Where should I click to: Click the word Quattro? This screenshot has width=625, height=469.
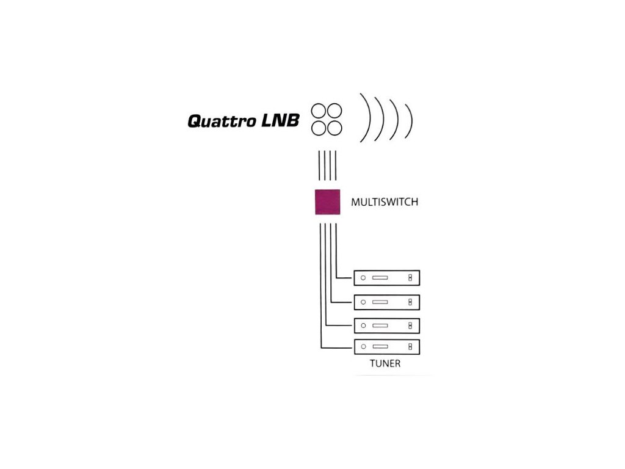point(222,121)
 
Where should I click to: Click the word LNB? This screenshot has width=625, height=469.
point(280,120)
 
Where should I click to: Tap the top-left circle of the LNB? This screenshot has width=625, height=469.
point(319,111)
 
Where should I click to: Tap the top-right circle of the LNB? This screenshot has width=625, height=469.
point(334,111)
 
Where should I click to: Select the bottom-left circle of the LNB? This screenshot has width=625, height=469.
point(319,128)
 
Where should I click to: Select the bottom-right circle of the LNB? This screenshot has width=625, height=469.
point(334,128)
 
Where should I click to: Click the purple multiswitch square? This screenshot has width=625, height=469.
point(328,202)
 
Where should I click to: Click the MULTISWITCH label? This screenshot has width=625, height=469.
point(385,202)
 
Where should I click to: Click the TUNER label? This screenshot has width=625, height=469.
point(385,363)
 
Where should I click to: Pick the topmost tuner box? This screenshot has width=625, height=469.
point(386,278)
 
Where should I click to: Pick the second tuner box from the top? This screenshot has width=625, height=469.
point(386,302)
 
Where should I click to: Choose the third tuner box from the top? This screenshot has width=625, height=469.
point(386,326)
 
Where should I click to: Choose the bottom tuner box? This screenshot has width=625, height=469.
point(386,347)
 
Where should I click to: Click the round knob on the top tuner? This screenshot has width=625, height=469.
point(363,278)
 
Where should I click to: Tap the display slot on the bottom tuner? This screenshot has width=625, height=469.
point(380,347)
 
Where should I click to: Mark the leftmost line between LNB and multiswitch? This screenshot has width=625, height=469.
point(319,165)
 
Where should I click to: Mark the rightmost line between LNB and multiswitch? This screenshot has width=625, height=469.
point(336,165)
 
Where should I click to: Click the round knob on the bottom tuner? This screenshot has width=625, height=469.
point(363,347)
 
